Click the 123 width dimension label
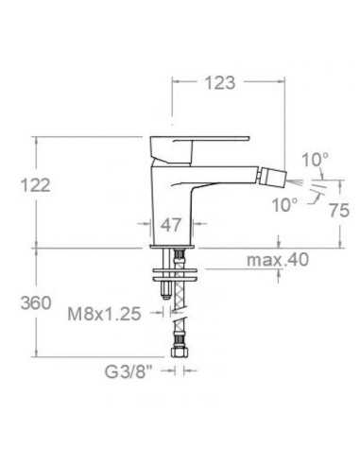coord(220,83)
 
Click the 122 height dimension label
coord(36,185)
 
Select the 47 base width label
coord(171,225)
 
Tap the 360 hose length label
coord(36,303)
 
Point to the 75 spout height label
coord(339,210)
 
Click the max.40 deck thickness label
coord(278,260)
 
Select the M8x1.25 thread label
coord(104,314)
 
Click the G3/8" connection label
coord(128,372)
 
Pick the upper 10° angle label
coord(315,160)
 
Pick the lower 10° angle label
coord(284,205)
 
